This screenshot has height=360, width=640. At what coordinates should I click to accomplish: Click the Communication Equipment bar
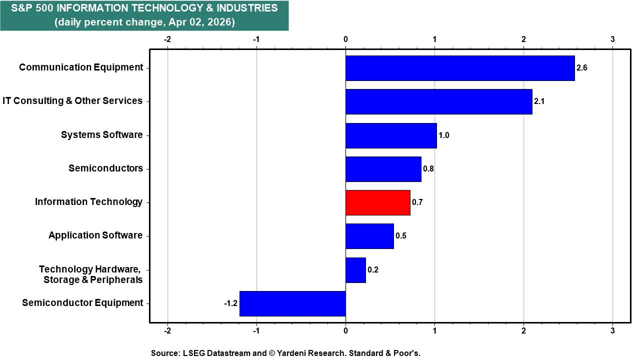[460, 68]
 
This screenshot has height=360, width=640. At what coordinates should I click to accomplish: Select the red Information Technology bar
[378, 202]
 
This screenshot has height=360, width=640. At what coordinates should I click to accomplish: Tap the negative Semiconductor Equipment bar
[292, 303]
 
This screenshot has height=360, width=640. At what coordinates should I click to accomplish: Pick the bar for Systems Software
[391, 135]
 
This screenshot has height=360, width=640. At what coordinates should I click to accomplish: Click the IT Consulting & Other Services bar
[439, 101]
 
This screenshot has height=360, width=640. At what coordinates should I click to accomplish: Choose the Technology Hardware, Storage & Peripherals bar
[355, 270]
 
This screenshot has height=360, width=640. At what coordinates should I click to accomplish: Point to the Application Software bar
[369, 236]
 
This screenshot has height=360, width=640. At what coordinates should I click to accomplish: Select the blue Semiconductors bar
[383, 169]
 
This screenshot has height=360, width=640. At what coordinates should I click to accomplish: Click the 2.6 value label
[581, 68]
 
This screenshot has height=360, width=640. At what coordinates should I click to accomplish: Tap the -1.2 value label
[230, 303]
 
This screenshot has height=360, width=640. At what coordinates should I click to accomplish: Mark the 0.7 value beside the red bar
[417, 202]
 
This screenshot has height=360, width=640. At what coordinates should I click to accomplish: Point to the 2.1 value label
[539, 101]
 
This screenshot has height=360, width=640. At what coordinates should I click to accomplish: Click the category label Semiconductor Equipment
[82, 303]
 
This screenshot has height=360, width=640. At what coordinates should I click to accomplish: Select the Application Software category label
[95, 235]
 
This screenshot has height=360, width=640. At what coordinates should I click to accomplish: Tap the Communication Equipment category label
[81, 67]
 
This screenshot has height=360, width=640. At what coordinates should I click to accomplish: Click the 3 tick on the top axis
[612, 39]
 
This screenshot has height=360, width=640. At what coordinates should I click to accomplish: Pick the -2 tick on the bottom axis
[167, 330]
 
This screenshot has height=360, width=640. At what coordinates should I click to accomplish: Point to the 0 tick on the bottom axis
[345, 330]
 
